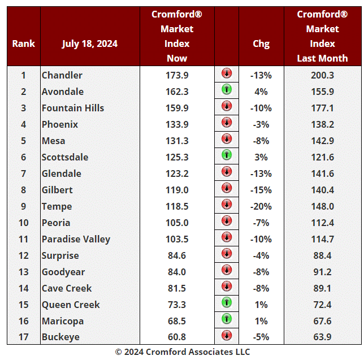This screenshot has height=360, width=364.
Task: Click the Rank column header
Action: click(x=24, y=44)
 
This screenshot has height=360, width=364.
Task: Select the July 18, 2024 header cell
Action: click(x=90, y=44)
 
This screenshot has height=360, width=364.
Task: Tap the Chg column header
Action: click(x=261, y=44)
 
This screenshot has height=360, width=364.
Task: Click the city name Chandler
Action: click(x=62, y=75)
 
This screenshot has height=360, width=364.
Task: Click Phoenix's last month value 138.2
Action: click(x=323, y=124)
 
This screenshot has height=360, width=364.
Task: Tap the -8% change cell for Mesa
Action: click(x=261, y=141)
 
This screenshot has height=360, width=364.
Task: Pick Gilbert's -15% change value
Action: click(x=261, y=190)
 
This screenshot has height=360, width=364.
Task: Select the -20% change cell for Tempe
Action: click(x=261, y=206)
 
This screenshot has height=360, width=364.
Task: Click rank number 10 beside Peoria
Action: click(x=24, y=223)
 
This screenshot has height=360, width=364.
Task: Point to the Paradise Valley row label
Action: click(x=76, y=239)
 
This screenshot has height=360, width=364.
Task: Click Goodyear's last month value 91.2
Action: click(x=323, y=272)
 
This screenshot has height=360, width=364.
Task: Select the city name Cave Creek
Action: click(x=67, y=288)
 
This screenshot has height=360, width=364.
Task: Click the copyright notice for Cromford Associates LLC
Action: click(x=182, y=352)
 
